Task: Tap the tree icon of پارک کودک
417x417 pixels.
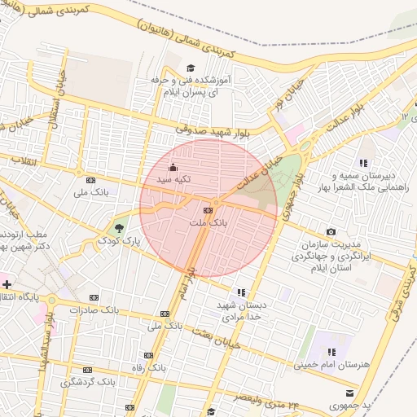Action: pyautogui.click(x=121, y=226)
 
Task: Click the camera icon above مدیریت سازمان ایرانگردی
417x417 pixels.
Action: pyautogui.click(x=331, y=232)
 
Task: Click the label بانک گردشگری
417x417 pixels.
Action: pyautogui.click(x=89, y=381)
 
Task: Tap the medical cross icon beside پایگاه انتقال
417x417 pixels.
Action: pyautogui.click(x=7, y=284)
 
